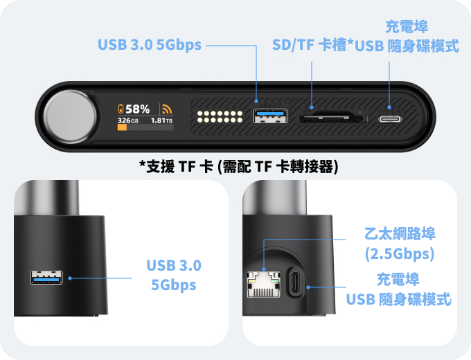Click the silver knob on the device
pyautogui.click(x=71, y=116)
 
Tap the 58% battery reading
pyautogui.click(x=138, y=109)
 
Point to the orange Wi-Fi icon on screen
pyautogui.click(x=167, y=109)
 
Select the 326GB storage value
pyautogui.click(x=128, y=120)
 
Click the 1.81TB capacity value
pyautogui.click(x=161, y=120)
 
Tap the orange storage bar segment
pyautogui.click(x=122, y=127)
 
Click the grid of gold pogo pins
pyautogui.click(x=220, y=117)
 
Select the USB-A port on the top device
pyautogui.click(x=270, y=116)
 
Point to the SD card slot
pyautogui.click(x=332, y=117)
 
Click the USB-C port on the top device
pyautogui.click(x=390, y=119)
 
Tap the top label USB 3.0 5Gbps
pyautogui.click(x=150, y=45)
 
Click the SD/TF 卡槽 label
pyautogui.click(x=310, y=45)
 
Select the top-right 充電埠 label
pyautogui.click(x=407, y=27)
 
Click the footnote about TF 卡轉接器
pyautogui.click(x=239, y=166)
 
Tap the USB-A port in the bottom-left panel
pyautogui.click(x=46, y=278)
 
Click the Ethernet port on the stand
pyautogui.click(x=263, y=285)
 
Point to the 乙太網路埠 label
pyautogui.click(x=400, y=233)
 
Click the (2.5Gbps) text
pyautogui.click(x=400, y=253)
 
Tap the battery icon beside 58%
pyautogui.click(x=121, y=109)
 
